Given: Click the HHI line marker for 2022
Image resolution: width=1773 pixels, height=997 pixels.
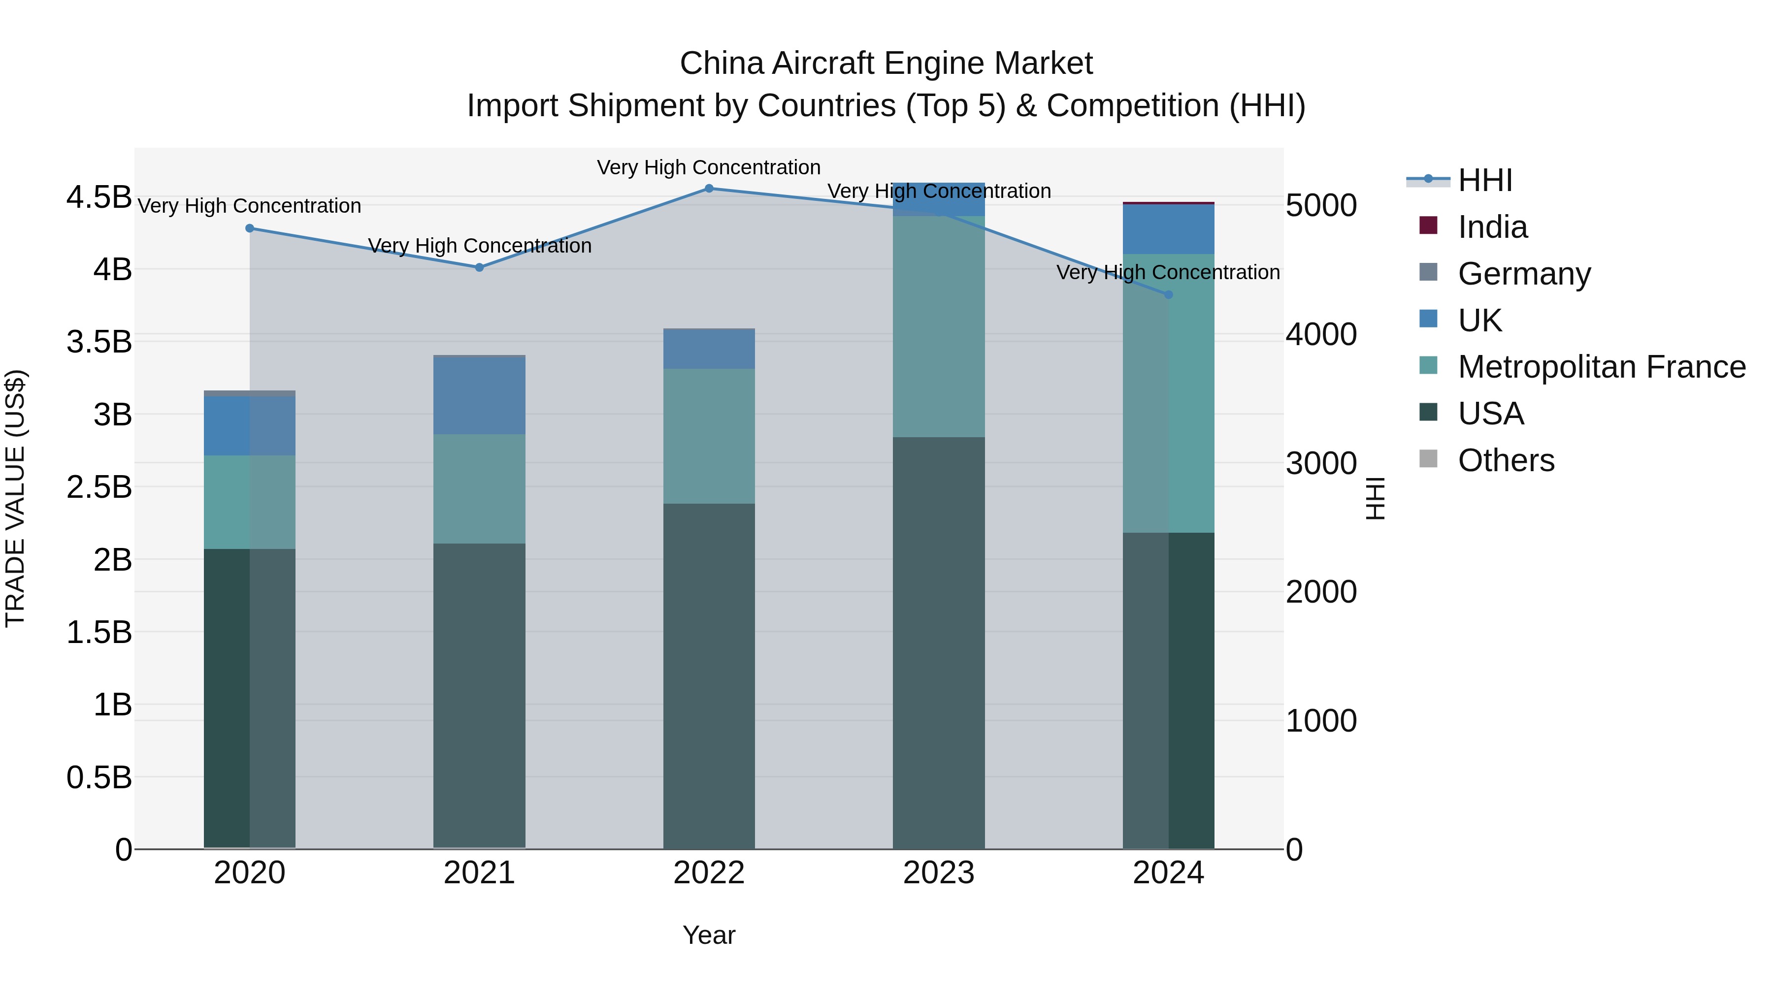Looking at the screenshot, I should click(x=709, y=188).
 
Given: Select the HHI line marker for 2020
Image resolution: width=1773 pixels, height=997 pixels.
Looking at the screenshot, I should click(x=250, y=228).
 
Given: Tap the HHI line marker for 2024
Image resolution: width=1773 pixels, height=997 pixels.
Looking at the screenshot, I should click(x=1168, y=294).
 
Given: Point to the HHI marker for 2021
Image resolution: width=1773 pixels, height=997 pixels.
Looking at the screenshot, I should click(x=480, y=268).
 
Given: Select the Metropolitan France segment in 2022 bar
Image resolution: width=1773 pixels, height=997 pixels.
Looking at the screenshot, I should click(x=709, y=436).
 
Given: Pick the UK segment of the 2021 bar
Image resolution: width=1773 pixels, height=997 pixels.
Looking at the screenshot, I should click(x=480, y=396).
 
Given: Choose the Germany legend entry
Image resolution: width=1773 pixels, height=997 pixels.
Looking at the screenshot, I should click(x=1523, y=274).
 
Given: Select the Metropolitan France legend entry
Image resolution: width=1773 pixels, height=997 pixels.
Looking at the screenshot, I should click(x=1601, y=367).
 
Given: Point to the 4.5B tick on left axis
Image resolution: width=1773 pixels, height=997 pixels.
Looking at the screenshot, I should click(x=98, y=197).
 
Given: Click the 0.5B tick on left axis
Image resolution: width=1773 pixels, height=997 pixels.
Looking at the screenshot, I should click(x=98, y=777).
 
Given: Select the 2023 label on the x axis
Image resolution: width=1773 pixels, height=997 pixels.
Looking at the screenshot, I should click(x=938, y=873).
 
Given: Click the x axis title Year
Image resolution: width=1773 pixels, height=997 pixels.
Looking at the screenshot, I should click(x=709, y=935).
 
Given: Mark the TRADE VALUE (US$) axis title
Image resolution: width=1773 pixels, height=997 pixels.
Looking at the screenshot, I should click(x=15, y=498).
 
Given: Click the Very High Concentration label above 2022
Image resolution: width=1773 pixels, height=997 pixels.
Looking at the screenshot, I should click(x=709, y=167).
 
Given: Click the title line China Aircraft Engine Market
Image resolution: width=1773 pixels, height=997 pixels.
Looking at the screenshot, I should click(x=886, y=64).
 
